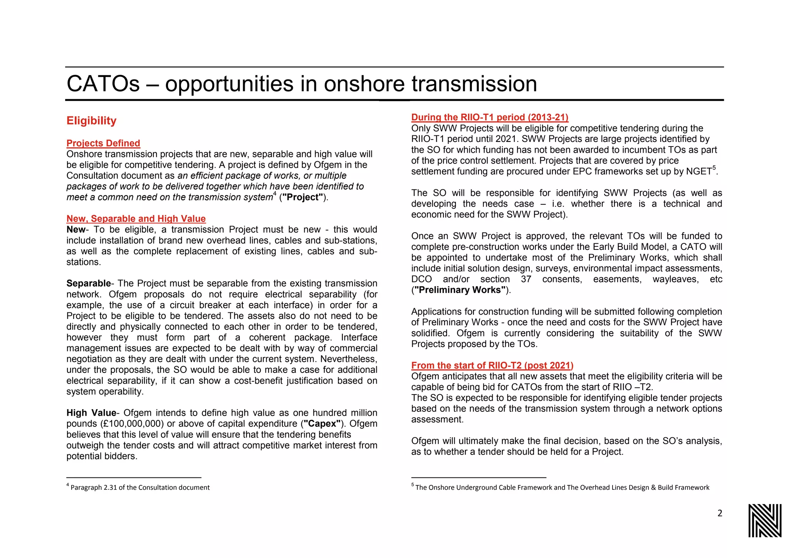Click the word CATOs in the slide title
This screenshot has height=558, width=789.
[103, 84]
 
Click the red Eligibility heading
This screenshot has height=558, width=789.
[91, 121]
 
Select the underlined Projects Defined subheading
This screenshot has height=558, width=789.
[103, 143]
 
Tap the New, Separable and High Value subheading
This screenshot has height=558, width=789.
[136, 219]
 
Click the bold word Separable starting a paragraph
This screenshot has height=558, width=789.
[89, 283]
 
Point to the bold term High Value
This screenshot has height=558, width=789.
[91, 413]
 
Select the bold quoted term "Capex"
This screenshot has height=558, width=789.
[322, 424]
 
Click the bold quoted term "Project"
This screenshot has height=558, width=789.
[302, 197]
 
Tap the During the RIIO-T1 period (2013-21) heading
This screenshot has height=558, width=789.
[490, 117]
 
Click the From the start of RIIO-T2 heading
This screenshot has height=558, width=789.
[492, 366]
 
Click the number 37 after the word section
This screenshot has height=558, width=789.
[526, 279]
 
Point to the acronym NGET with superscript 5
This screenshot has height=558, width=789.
[699, 172]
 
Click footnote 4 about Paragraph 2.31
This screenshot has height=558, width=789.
[138, 487]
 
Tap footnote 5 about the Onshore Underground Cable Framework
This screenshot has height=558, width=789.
[561, 487]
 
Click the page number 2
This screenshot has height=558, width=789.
[720, 513]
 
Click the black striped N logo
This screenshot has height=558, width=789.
[765, 520]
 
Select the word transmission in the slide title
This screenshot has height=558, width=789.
[474, 84]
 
